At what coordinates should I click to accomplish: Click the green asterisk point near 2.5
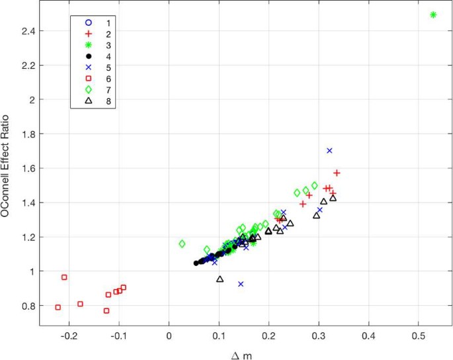coord(434,15)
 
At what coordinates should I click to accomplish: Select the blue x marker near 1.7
coord(329,151)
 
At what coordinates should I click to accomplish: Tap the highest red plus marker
coord(337,173)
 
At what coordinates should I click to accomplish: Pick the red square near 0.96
coord(64,277)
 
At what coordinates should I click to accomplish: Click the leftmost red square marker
coord(58,307)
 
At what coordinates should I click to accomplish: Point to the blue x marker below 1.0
coord(241,284)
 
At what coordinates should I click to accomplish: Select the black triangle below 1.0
coord(220,279)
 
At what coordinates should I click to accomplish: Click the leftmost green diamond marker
coord(182,244)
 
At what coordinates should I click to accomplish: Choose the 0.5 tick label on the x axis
coord(418,334)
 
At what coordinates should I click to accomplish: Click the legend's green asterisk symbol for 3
coord(88,45)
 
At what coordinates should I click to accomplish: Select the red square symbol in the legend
coord(88,78)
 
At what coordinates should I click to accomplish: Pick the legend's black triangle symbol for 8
coord(88,101)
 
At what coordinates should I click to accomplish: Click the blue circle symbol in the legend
coord(88,22)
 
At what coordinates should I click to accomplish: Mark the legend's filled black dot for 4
coord(88,56)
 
